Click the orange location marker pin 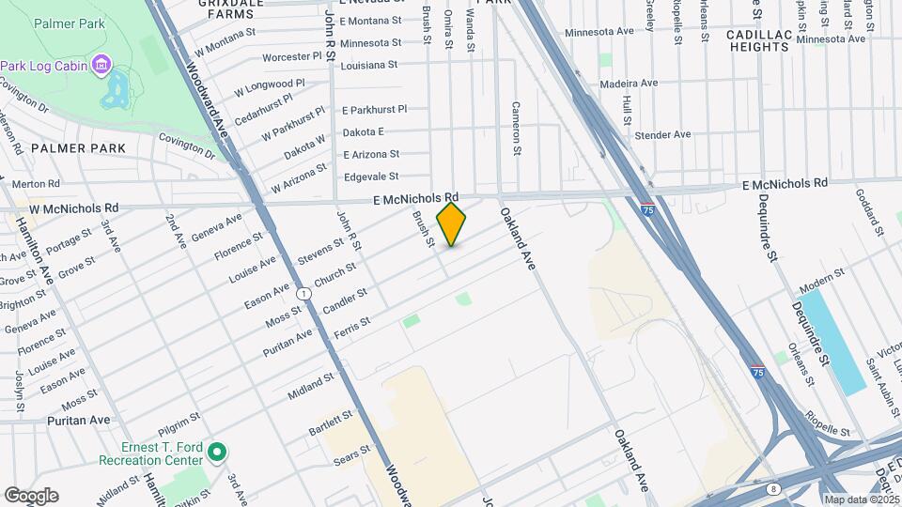(x=451, y=223)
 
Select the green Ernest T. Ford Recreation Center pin (x=217, y=453)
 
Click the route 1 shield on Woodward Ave (x=303, y=294)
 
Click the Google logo (x=31, y=495)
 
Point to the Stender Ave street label (x=663, y=134)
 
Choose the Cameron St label (x=516, y=128)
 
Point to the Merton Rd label (x=36, y=184)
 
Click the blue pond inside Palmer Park (x=115, y=92)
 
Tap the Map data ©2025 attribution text (x=862, y=499)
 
